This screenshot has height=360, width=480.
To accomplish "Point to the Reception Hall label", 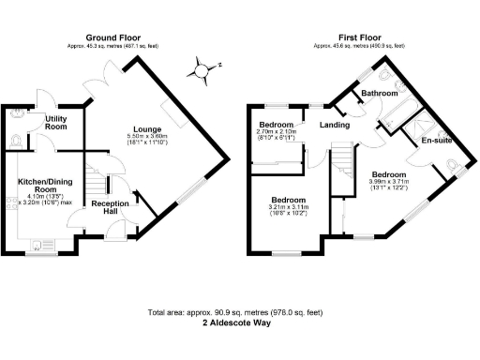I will [x=110, y=207].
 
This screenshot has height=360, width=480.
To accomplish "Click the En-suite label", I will [x=436, y=141].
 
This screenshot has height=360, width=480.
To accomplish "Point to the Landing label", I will [x=335, y=125].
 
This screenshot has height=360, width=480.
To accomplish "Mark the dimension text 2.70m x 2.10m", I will [x=276, y=132].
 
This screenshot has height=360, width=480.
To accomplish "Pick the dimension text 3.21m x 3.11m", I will [x=289, y=207].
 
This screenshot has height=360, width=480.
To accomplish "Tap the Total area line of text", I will [x=240, y=311].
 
